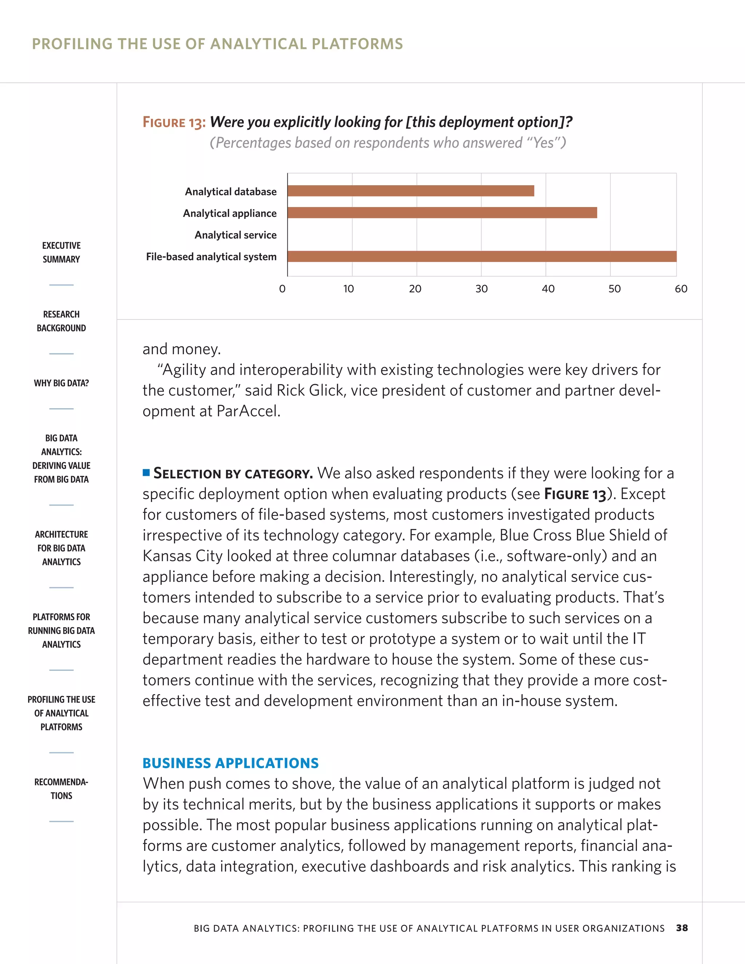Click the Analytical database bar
[410, 191]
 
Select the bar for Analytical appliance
[442, 213]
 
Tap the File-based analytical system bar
[482, 256]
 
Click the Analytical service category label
[235, 235]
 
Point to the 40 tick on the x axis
[548, 289]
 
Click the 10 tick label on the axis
[348, 289]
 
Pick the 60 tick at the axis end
[681, 289]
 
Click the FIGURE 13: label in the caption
[174, 122]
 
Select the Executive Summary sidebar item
[61, 252]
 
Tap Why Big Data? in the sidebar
[61, 383]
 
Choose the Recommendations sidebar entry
[61, 789]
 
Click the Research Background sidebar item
[61, 321]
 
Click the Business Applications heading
[230, 763]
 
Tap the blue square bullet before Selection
[146, 473]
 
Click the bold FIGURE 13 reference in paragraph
[575, 494]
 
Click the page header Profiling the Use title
[217, 44]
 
